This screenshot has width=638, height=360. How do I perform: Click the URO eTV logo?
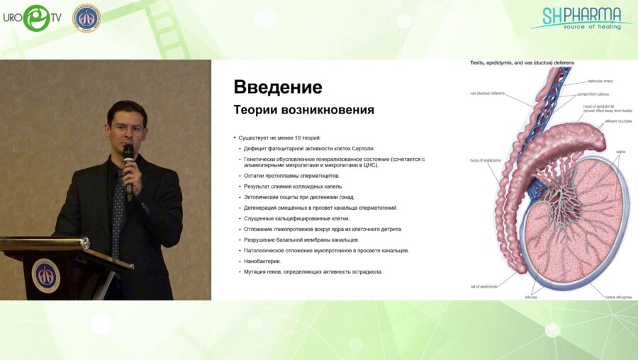point(33,18)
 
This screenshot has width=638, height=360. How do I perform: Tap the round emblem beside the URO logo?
point(86,18)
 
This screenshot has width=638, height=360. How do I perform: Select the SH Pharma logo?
point(581,18)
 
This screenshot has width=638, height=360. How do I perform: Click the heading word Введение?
point(278,87)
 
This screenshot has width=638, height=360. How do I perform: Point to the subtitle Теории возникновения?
point(303,111)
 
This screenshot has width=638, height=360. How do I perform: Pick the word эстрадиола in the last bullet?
point(365,271)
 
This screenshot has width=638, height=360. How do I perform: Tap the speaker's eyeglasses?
point(128,129)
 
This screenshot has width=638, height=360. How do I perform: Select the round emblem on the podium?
point(46,276)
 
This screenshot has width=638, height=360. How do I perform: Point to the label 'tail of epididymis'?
point(483,286)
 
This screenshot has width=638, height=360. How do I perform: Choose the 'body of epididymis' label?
point(486,161)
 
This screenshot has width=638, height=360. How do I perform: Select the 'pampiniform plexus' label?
point(594,94)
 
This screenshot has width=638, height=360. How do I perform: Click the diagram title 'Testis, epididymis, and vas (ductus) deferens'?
point(522,63)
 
